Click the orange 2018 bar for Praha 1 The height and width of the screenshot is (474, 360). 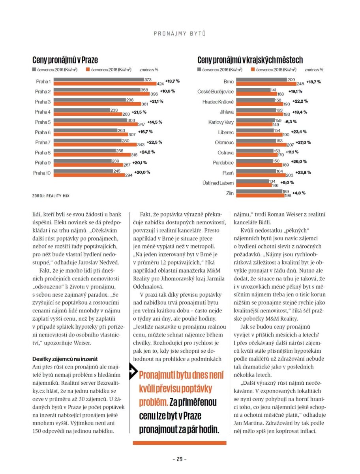pos(105,84)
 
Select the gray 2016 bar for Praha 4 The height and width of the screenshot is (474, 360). pos(82,110)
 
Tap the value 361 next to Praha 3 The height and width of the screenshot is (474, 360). pos(145,104)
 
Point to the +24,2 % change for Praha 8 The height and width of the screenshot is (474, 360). pos(147,152)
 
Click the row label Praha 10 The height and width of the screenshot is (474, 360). pos(41,173)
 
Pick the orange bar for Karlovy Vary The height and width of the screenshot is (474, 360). pos(254,124)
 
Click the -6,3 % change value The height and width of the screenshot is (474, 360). pos(291,122)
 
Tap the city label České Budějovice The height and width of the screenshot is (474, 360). pos(215,92)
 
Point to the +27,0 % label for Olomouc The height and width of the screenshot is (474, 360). pos(303,143)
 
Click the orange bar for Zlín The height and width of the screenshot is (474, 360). pos(261,196)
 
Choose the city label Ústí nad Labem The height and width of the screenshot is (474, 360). pos(218,183)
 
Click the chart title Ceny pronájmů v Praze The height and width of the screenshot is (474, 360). pos(65,60)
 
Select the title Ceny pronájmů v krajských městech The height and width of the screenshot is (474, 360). pos(250,60)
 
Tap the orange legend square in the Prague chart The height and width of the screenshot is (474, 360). pos(88,69)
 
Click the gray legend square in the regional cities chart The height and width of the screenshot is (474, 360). pos(199,69)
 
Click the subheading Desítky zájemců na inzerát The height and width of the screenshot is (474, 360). pos(65,359)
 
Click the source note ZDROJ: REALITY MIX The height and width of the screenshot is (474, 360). pos(51,196)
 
